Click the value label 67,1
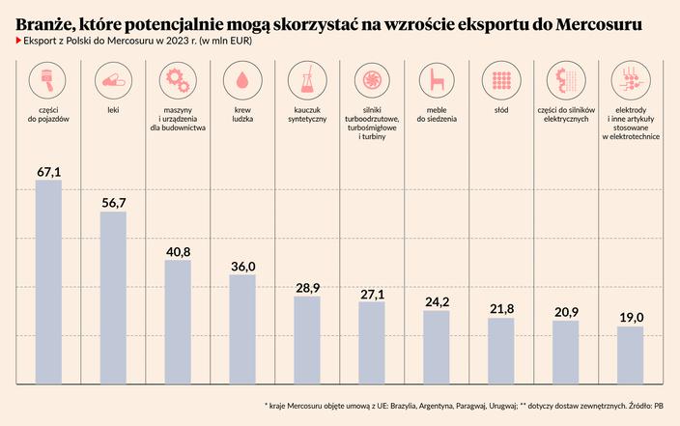[x=48, y=171]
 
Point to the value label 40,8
[x=178, y=251]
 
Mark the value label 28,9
[x=306, y=288]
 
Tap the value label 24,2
[x=437, y=301]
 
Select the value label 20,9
[x=565, y=312]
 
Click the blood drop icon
[x=241, y=78]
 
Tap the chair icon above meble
[x=436, y=78]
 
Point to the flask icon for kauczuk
[x=306, y=78]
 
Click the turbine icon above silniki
[x=371, y=78]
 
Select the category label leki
[x=113, y=110]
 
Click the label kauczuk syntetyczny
[x=306, y=114]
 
